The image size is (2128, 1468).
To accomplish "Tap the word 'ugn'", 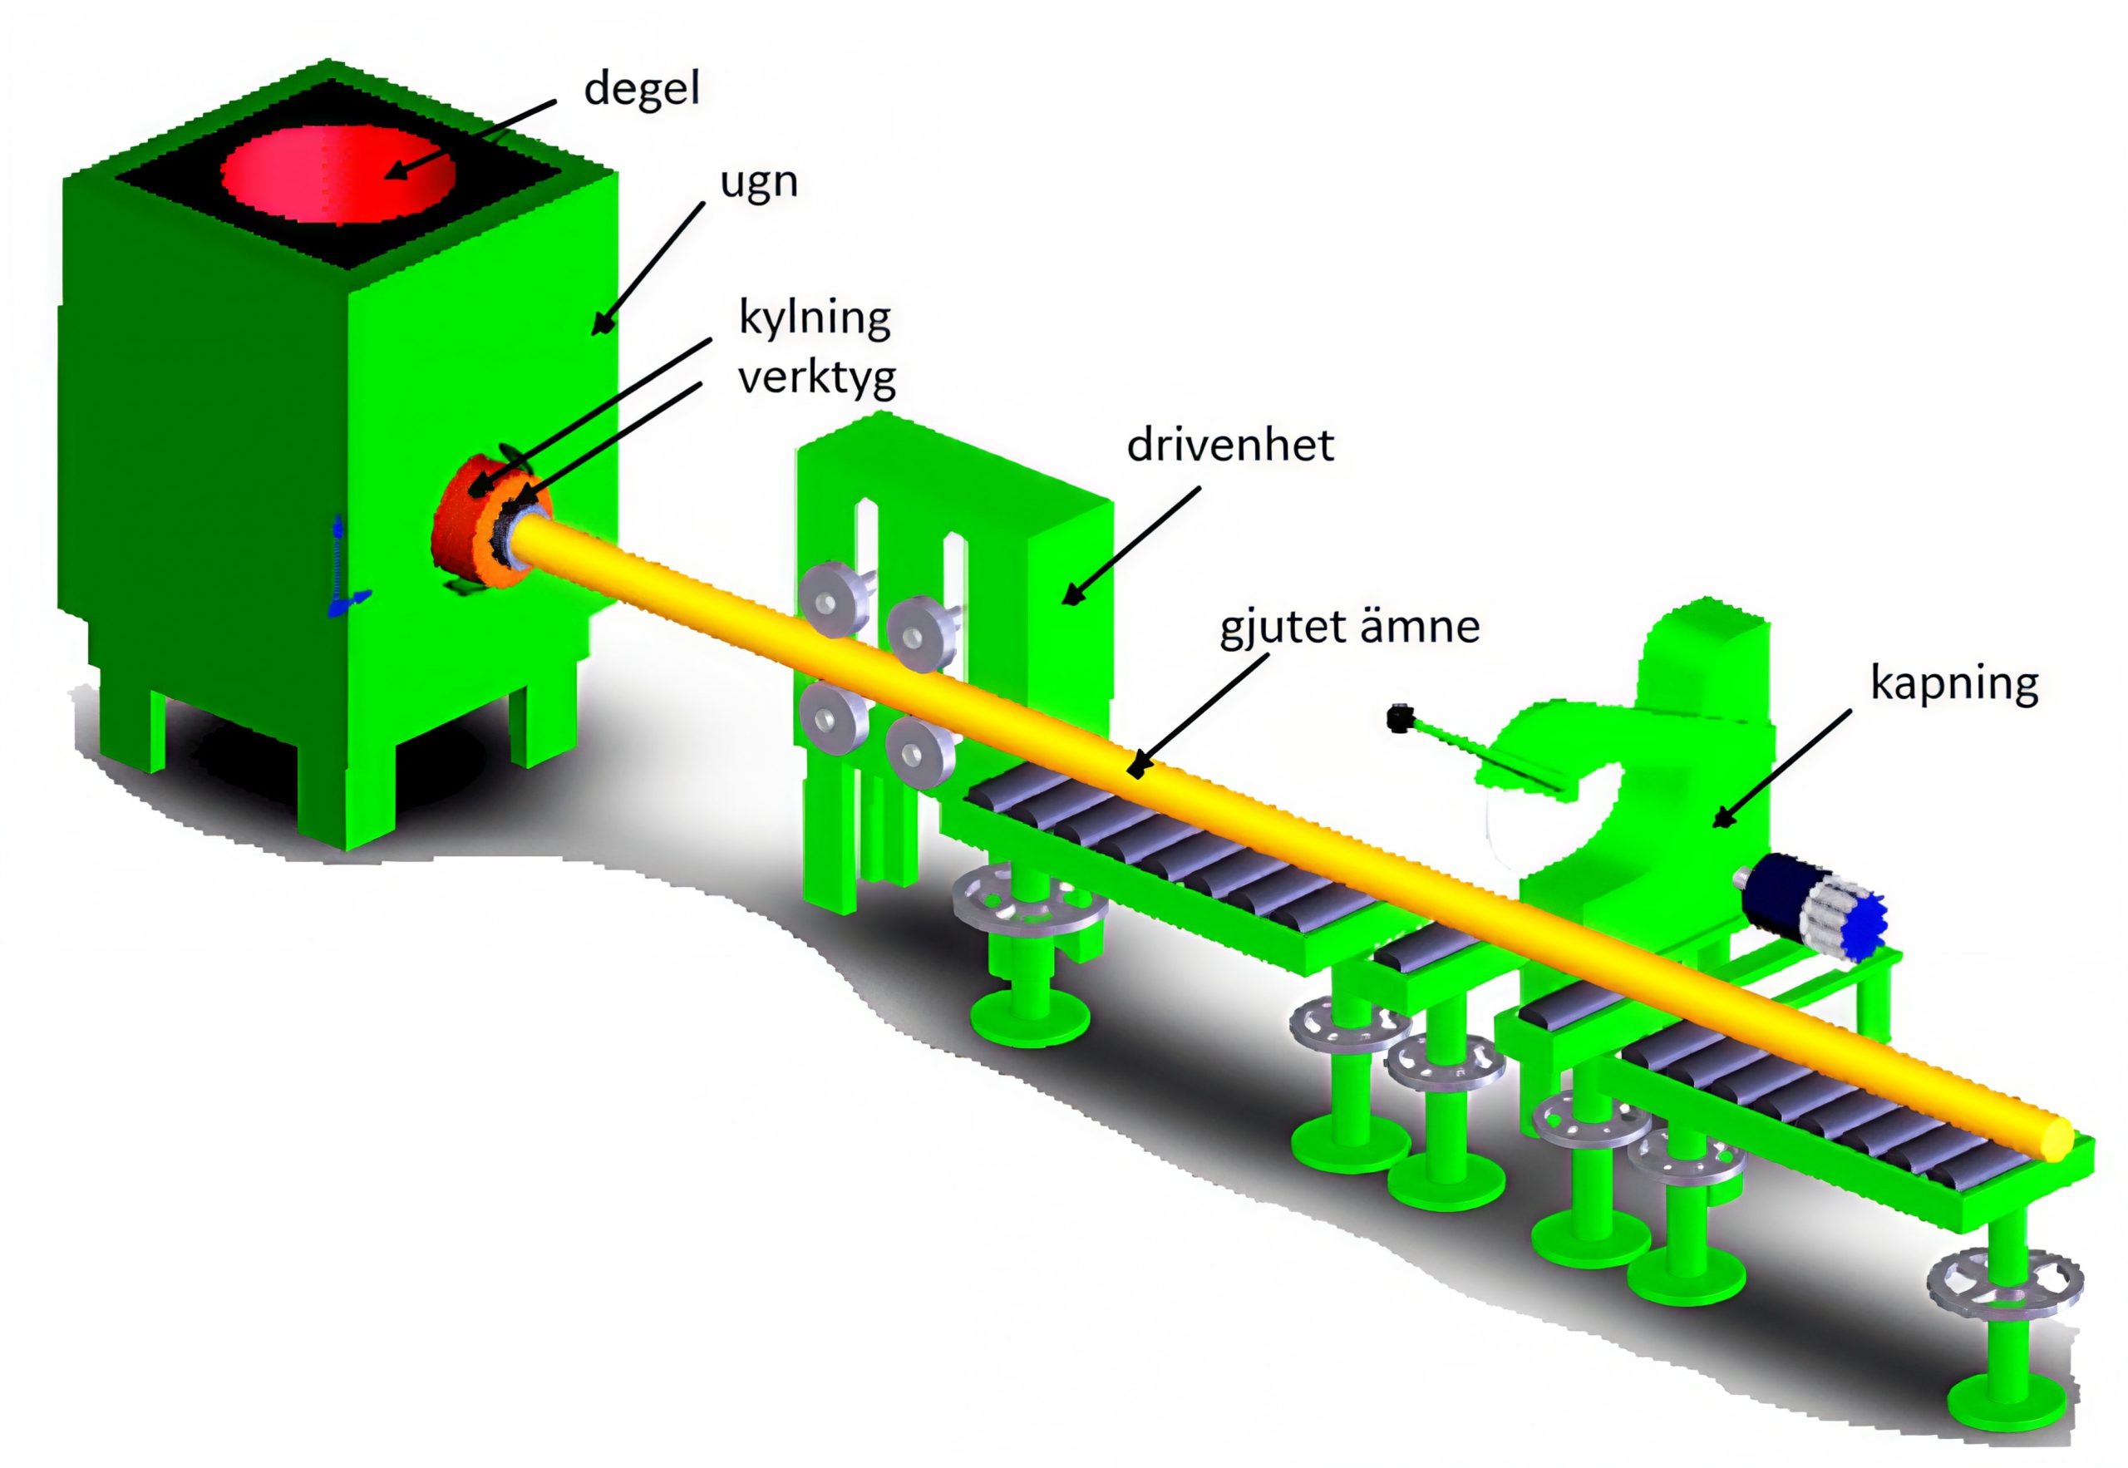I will tap(759, 183).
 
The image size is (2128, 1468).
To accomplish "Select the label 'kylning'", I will tap(815, 318).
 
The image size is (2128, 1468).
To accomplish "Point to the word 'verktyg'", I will tap(816, 377).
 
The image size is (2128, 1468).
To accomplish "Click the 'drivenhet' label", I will tap(1229, 446).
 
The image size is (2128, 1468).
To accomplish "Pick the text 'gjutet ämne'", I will tap(1349, 628).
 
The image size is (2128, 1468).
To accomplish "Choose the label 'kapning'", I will tap(1954, 682).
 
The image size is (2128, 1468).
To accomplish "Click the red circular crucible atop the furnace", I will tap(337, 174).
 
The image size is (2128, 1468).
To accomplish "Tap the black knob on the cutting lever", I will tap(1400, 717).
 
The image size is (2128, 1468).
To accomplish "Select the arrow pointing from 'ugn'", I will tap(649, 268).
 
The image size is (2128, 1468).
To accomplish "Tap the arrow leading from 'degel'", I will tap(469, 138).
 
